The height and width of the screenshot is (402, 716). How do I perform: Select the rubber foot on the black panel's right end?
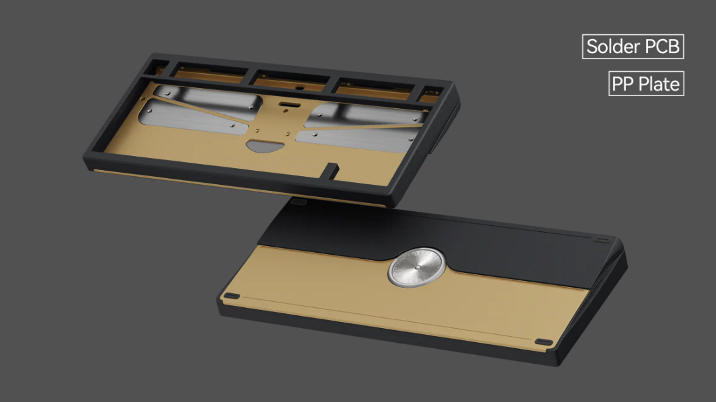(602, 240)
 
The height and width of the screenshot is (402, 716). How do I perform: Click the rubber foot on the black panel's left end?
(301, 201)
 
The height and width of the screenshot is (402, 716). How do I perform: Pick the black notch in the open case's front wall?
(331, 169)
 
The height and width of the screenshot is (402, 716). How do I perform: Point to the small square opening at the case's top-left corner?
(159, 66)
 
